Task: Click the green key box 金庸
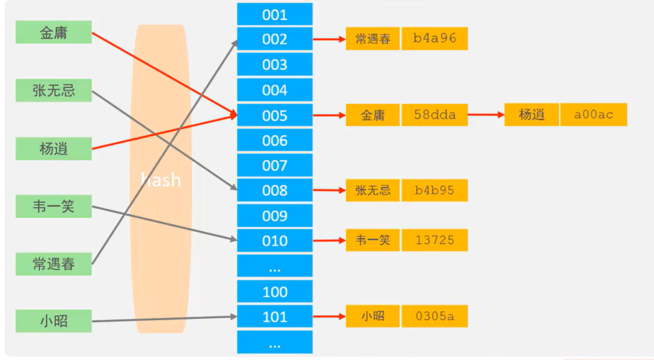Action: coord(54,32)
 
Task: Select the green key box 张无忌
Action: coord(54,90)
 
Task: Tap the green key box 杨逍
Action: coord(54,149)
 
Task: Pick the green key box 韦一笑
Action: coord(54,206)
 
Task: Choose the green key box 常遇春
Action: coord(54,264)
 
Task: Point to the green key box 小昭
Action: coord(54,321)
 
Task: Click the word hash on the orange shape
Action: coord(161,180)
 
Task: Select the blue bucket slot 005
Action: coord(274,116)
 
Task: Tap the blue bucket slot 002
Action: coord(274,39)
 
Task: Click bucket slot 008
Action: coord(274,190)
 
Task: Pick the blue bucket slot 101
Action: coord(274,316)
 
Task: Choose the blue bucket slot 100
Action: coord(274,292)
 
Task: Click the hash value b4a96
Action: coord(434,39)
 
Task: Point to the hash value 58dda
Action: coord(434,115)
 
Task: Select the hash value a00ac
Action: coord(594,115)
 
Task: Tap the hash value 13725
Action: coord(434,240)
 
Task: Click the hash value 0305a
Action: coord(434,316)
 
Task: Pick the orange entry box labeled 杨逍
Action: coord(532,115)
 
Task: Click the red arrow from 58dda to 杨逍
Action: coord(486,115)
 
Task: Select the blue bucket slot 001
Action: coord(274,14)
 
